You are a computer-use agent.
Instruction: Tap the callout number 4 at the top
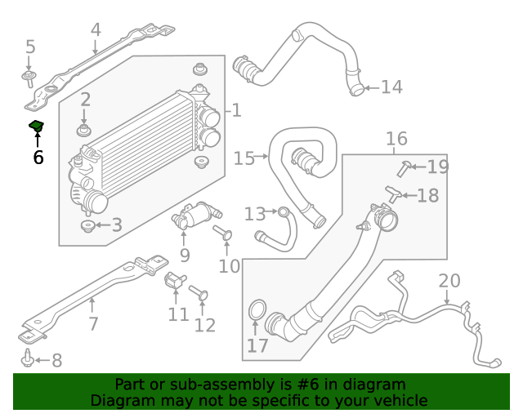[x=96, y=30]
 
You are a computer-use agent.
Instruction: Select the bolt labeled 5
[x=29, y=78]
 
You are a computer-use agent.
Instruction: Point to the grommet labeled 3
[x=86, y=225]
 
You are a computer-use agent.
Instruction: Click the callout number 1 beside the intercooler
[x=235, y=110]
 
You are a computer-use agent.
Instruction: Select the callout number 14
[x=391, y=87]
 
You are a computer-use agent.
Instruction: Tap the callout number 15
[x=244, y=158]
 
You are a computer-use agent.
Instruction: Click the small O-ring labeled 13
[x=283, y=212]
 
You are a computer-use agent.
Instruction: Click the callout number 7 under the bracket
[x=93, y=323]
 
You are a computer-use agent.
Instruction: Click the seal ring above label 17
[x=256, y=311]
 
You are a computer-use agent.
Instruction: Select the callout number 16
[x=396, y=139]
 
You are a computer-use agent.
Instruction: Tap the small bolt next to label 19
[x=405, y=168]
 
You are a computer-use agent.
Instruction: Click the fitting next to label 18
[x=394, y=194]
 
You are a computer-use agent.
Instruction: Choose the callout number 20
[x=449, y=282]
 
